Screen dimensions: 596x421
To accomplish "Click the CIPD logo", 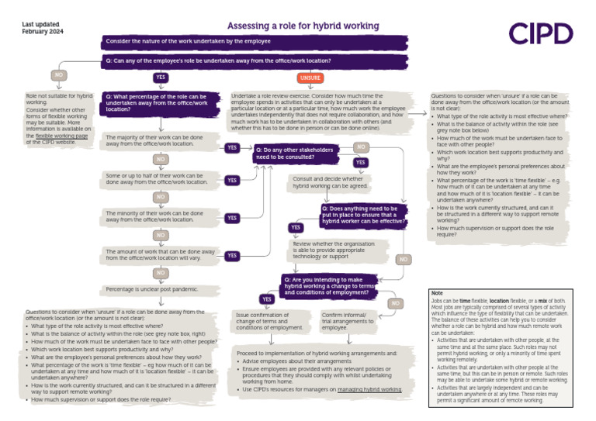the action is (x=541, y=33).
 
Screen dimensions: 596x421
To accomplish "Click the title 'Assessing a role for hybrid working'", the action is (x=303, y=26).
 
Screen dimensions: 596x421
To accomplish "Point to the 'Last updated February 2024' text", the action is (x=41, y=29).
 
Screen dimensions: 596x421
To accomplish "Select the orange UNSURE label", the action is (x=310, y=78).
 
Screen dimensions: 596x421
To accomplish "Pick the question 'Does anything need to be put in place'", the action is (x=362, y=213).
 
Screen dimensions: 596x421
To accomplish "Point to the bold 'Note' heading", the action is (x=437, y=293).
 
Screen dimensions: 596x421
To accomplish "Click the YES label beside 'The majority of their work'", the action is (x=231, y=147).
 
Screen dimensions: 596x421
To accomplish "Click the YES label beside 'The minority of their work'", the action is (x=231, y=218).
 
